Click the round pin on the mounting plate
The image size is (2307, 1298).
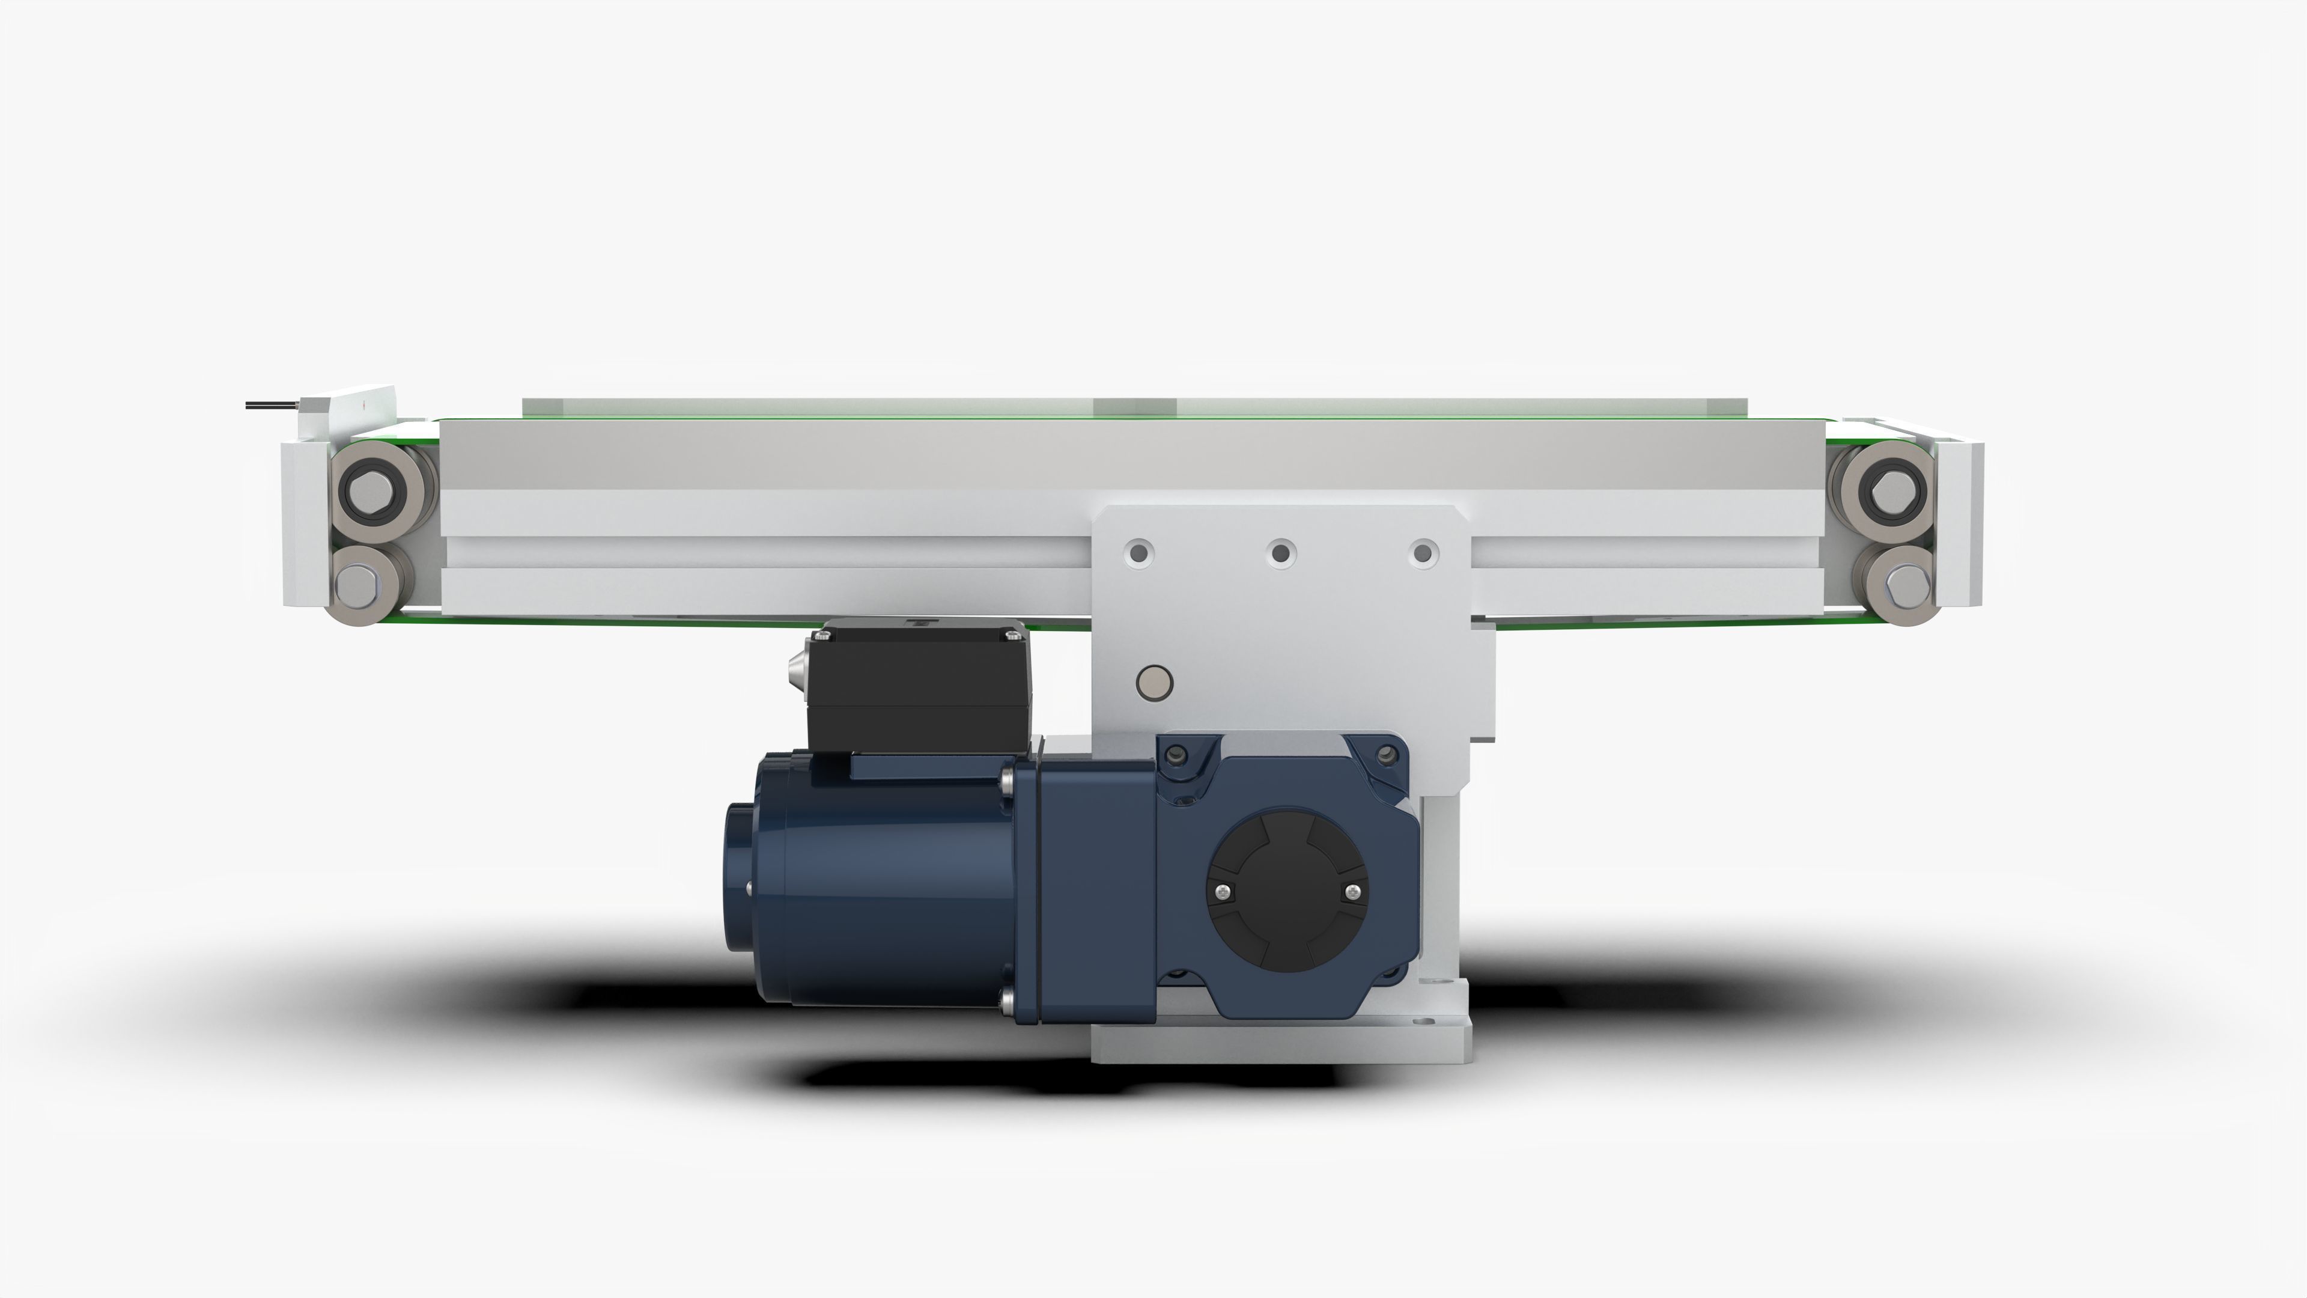[1153, 683]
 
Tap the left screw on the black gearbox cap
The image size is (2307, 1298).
[1223, 891]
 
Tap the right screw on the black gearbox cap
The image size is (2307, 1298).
[1352, 891]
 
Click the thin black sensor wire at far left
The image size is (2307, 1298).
[272, 406]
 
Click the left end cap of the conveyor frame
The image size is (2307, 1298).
[303, 524]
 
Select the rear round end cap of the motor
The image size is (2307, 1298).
[740, 878]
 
